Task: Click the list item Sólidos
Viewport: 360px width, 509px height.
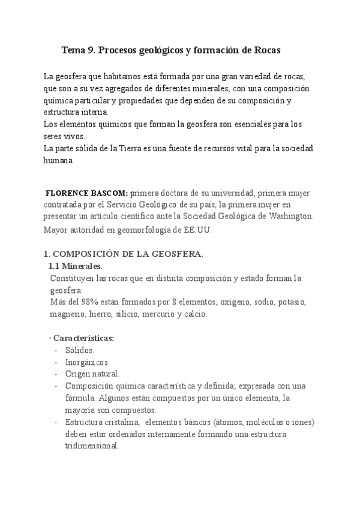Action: (x=80, y=350)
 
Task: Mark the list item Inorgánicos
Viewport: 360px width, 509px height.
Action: (x=88, y=362)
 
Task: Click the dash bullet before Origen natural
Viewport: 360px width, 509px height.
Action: (x=56, y=374)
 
